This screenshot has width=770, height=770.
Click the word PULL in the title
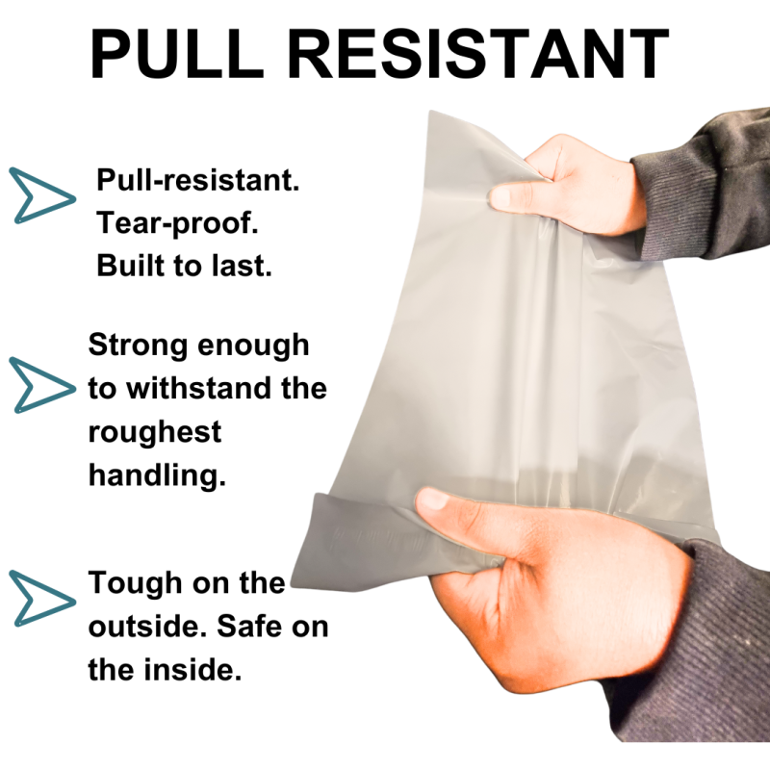pyautogui.click(x=177, y=53)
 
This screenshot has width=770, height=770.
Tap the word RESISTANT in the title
pyautogui.click(x=477, y=53)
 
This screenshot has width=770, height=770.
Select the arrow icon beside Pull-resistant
pyautogui.click(x=42, y=195)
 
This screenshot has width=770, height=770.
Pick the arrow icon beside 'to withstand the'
pyautogui.click(x=42, y=385)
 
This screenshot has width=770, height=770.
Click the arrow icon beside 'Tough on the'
pyautogui.click(x=42, y=598)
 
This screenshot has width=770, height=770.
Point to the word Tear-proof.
pyautogui.click(x=177, y=224)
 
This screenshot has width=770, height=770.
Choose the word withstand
pyautogui.click(x=199, y=389)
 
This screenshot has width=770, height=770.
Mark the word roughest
pyautogui.click(x=155, y=433)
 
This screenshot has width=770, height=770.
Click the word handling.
pyautogui.click(x=157, y=476)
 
